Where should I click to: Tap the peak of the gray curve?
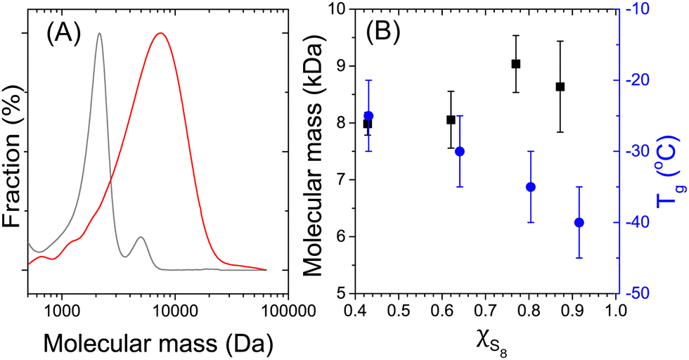point(99,34)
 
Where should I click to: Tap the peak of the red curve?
point(161,33)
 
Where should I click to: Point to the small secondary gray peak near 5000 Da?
point(141,238)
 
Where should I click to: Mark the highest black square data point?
point(516,63)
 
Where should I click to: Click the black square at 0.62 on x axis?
point(451,120)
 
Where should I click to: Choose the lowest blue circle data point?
point(579,222)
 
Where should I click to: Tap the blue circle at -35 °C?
point(531,186)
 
